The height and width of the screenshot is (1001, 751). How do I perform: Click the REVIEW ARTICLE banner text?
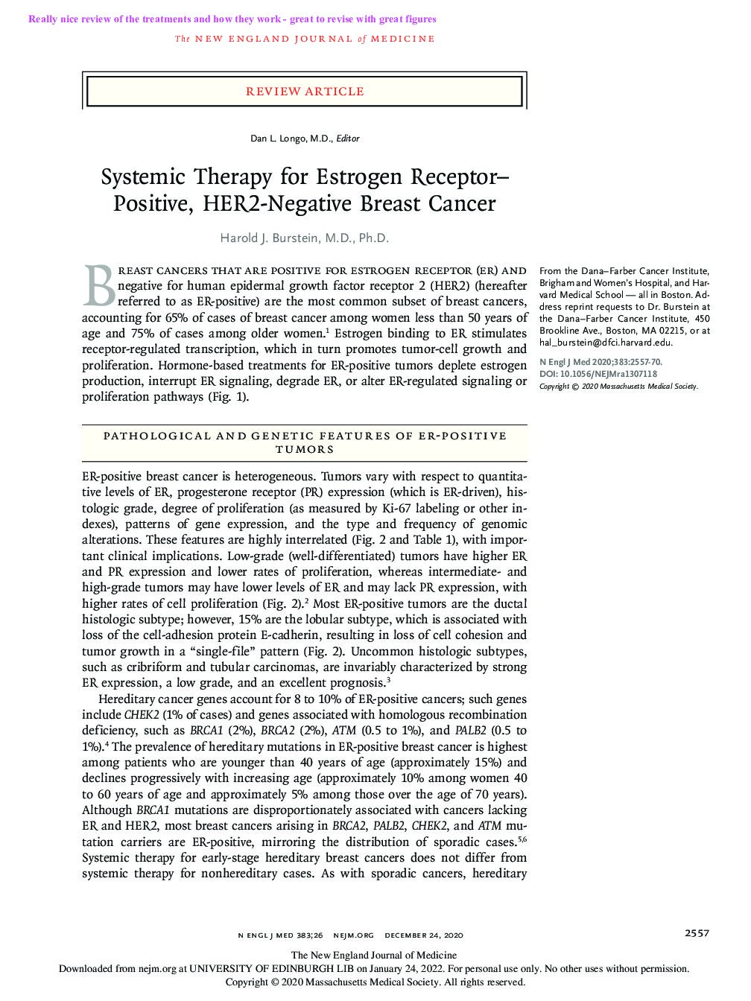coord(305,92)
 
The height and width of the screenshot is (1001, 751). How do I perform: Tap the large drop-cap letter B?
coord(98,286)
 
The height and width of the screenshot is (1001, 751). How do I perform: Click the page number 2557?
coord(697,933)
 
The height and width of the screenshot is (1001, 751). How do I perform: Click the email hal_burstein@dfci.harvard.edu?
coord(605,343)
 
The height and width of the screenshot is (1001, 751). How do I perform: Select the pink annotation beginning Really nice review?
coord(232,19)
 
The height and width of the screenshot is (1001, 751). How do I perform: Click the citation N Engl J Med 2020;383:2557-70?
coord(600,363)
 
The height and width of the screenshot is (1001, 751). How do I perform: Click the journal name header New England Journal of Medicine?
coord(305,39)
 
